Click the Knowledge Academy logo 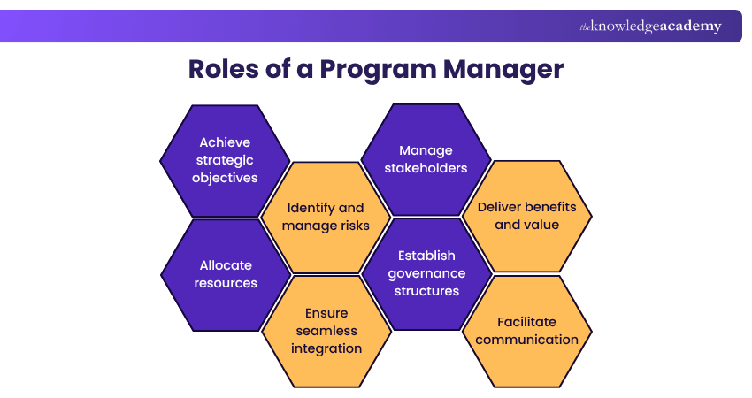(650, 27)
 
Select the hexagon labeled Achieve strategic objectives (225, 160)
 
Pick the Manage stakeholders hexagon (426, 159)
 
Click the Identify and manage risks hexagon (326, 217)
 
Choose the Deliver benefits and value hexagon (527, 216)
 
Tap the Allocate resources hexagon (226, 274)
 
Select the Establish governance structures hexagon (426, 273)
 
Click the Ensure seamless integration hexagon (326, 331)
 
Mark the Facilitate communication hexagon (527, 331)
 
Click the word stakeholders (426, 168)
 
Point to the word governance (427, 273)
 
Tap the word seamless (326, 331)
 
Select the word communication (527, 340)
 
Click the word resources (226, 283)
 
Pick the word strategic (225, 160)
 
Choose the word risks (352, 226)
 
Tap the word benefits (548, 207)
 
